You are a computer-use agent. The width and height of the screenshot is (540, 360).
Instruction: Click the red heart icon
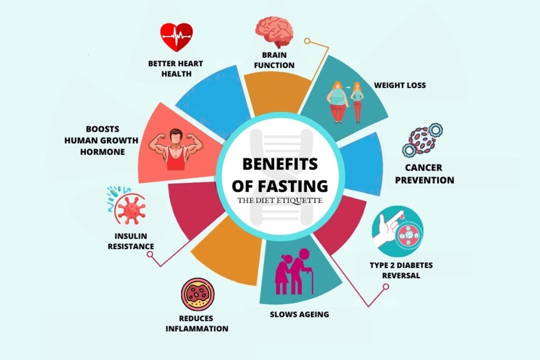(176, 37)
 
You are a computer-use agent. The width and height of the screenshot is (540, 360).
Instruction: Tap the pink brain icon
(274, 32)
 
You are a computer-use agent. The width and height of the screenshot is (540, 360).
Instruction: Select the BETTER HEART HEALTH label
(175, 68)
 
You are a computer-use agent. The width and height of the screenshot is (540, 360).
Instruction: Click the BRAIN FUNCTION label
(274, 60)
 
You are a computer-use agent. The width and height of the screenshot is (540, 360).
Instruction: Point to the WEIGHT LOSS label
(400, 85)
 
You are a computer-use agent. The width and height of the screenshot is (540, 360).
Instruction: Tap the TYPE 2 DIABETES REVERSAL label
(401, 270)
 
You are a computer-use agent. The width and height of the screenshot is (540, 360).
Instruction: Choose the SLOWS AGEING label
(299, 314)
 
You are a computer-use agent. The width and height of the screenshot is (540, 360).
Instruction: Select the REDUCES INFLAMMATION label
(197, 324)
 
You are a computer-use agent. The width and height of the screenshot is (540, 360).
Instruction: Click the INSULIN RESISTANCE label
(130, 241)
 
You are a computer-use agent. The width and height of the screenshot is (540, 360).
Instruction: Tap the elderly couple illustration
(293, 272)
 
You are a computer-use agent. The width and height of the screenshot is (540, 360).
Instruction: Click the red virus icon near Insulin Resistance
(130, 207)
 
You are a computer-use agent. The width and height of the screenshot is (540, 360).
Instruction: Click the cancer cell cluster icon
(421, 139)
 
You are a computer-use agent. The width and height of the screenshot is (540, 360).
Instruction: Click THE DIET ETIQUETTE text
(280, 201)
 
